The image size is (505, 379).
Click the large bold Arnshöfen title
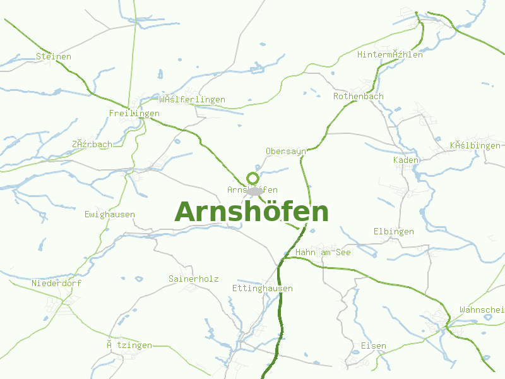[x=251, y=212]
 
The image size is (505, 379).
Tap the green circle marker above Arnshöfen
[x=253, y=178]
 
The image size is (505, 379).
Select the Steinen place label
[x=54, y=57]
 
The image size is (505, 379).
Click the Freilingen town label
[x=134, y=114]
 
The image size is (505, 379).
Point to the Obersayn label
[x=286, y=152]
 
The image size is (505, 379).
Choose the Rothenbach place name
[x=359, y=97]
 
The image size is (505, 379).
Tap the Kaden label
[x=406, y=160]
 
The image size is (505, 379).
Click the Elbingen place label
[x=394, y=232]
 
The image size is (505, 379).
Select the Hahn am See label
[x=323, y=253]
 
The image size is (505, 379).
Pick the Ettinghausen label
[x=263, y=289]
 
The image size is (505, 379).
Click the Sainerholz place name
[x=194, y=279]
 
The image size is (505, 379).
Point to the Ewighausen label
[x=110, y=215]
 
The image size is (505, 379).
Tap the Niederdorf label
[x=57, y=284]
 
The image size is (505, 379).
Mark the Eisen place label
[x=374, y=346]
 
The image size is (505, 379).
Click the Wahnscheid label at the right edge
[x=482, y=310]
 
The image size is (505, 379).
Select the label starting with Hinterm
[x=390, y=55]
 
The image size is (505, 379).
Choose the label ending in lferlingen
[x=193, y=100]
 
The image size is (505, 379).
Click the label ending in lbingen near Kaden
[x=476, y=146]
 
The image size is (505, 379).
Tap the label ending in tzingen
[x=129, y=346]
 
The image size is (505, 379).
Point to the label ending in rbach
[x=92, y=145]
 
